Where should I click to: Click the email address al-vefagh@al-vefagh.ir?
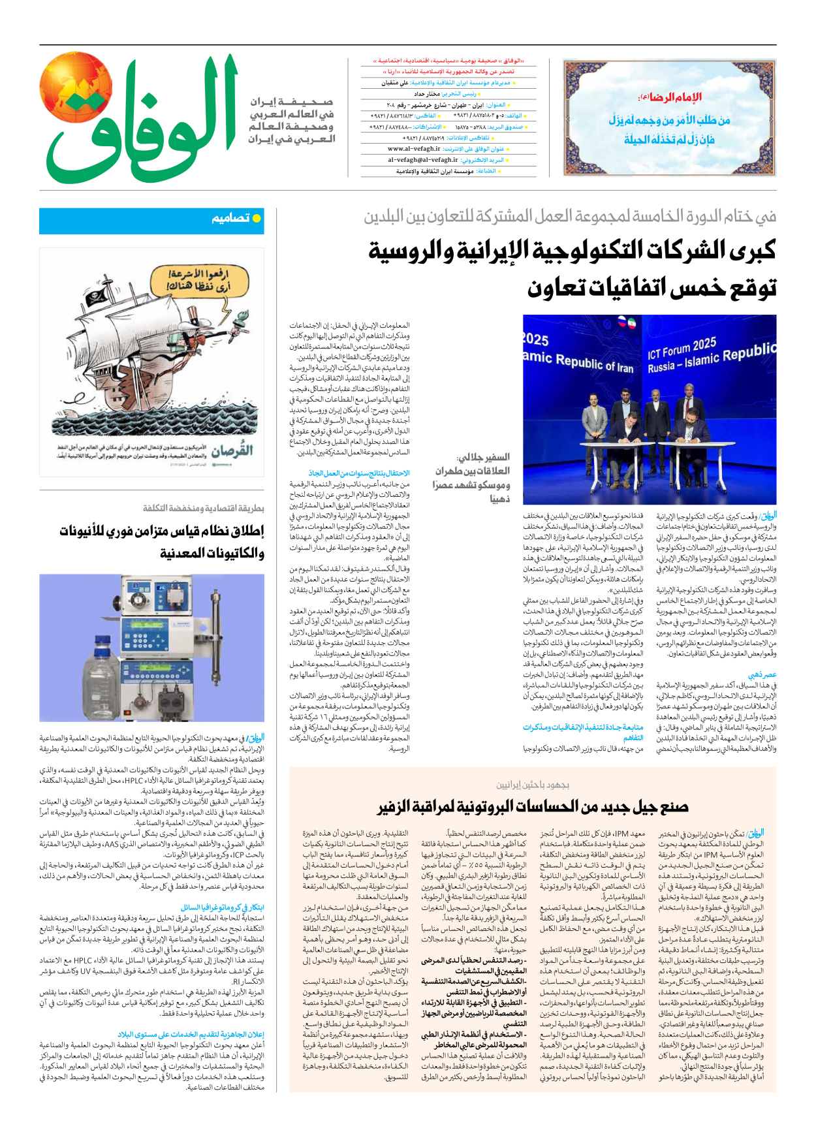pos(422,160)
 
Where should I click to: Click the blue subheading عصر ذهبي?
pos(761,675)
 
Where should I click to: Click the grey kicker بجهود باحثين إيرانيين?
pos(533,785)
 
